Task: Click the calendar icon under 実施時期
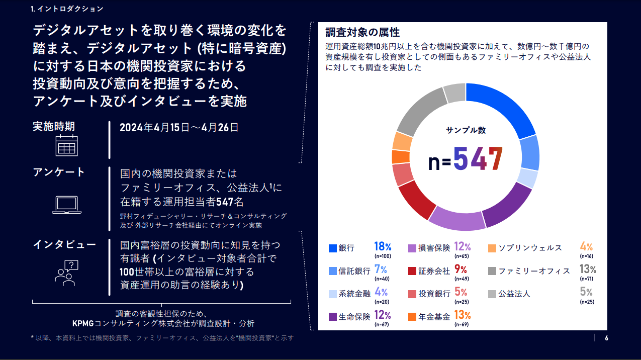[x=66, y=145]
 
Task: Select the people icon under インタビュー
[x=66, y=274]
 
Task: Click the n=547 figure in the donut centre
[x=466, y=159]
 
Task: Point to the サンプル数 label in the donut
[x=466, y=130]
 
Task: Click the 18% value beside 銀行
[x=383, y=247]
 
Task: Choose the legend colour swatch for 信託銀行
[x=332, y=271]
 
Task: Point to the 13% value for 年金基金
[x=462, y=316]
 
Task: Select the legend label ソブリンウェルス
[x=530, y=248]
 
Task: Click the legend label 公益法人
[x=514, y=294]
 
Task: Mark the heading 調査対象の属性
[x=362, y=33]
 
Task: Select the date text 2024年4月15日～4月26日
[x=179, y=127]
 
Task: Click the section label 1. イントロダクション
[x=67, y=9]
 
